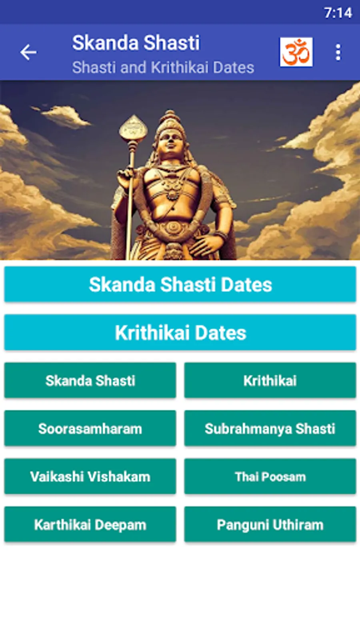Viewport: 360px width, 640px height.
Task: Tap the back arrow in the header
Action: click(x=28, y=52)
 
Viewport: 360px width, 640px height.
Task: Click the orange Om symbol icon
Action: click(x=296, y=52)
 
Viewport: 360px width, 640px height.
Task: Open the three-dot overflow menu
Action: click(x=338, y=52)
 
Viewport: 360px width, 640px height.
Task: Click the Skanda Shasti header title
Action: click(x=136, y=43)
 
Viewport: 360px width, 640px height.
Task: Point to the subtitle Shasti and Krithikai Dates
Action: click(x=163, y=68)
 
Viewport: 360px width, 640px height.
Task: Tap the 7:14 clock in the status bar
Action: click(x=338, y=13)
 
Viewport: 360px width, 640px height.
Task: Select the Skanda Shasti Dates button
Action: click(x=180, y=284)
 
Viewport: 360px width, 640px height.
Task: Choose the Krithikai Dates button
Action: click(x=180, y=332)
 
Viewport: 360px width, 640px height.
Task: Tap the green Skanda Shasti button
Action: click(x=90, y=380)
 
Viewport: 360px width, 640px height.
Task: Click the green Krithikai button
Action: click(x=270, y=380)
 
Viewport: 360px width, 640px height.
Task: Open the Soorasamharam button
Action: click(x=90, y=428)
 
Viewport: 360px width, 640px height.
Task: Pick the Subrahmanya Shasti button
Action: click(x=270, y=428)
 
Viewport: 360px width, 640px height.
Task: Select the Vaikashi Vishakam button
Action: click(x=90, y=476)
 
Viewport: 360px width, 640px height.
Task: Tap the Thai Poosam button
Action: click(x=270, y=476)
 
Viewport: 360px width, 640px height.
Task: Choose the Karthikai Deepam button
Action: click(x=90, y=524)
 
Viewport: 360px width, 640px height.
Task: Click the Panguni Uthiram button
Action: click(x=270, y=524)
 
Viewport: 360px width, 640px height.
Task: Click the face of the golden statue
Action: click(x=170, y=142)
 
